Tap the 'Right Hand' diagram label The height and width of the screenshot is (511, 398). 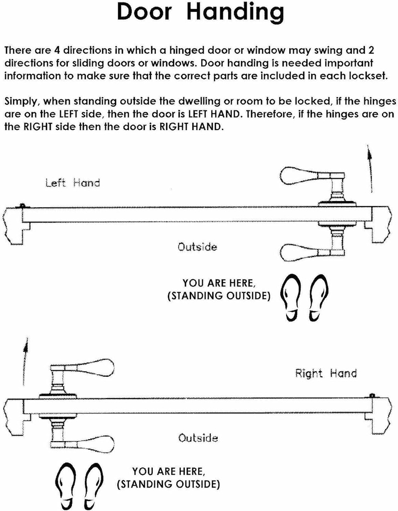point(326,373)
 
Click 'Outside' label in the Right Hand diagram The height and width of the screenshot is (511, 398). point(198,438)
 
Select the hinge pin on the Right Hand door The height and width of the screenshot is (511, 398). point(373,396)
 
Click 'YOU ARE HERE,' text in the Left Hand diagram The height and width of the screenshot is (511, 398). point(218,283)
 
